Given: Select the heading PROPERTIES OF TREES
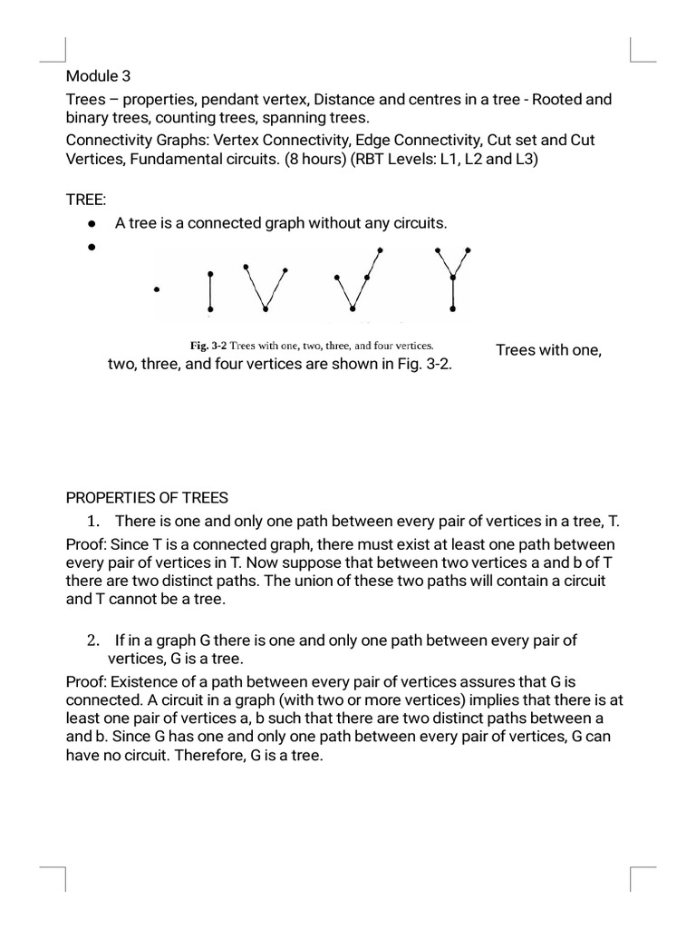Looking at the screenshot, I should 148,497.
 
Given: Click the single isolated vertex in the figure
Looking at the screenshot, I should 157,290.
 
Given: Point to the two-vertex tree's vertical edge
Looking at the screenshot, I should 210,292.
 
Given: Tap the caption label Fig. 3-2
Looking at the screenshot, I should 208,346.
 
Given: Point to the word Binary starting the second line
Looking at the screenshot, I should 86,119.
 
